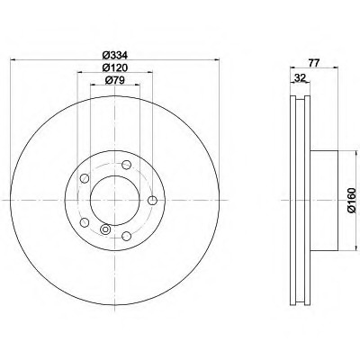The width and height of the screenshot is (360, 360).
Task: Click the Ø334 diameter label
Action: [x=115, y=56]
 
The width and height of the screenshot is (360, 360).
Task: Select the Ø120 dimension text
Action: [x=115, y=67]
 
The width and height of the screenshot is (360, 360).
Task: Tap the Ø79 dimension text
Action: [x=115, y=80]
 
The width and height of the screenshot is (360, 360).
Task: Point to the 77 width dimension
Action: [x=313, y=63]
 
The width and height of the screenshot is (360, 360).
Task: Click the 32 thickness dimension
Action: [x=300, y=78]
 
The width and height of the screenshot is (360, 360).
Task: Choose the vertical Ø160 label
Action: [x=352, y=201]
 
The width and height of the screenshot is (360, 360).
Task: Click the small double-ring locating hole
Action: [x=105, y=229]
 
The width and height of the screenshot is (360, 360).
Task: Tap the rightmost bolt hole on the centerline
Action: [x=153, y=200]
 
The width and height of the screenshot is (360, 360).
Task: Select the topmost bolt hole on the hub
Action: [x=126, y=165]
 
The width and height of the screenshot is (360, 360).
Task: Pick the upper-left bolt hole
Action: [x=85, y=178]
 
